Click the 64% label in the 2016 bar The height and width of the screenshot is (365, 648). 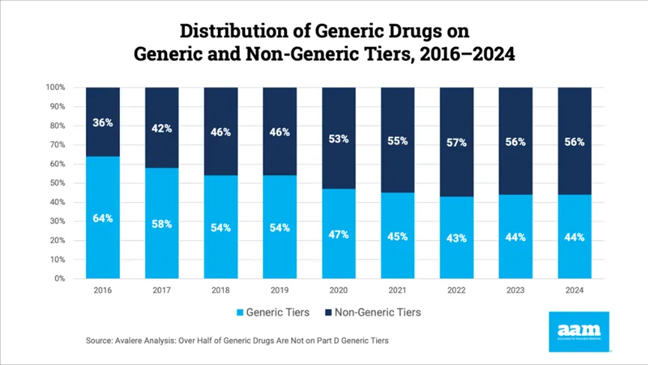103,218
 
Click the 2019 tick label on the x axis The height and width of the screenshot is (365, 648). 280,289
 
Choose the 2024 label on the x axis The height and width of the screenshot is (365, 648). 575,289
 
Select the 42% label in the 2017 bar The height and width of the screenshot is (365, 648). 162,128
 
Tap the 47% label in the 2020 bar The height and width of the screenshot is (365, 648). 339,234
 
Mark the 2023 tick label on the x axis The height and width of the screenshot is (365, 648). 515,289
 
